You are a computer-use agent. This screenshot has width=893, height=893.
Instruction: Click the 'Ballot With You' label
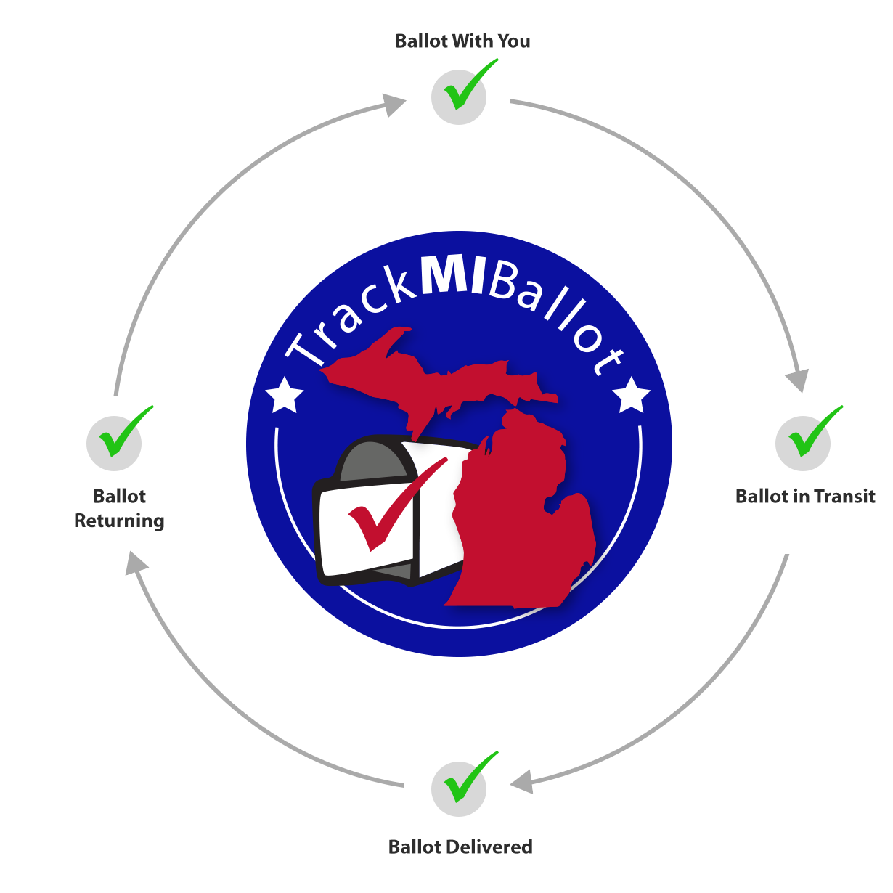pos(462,41)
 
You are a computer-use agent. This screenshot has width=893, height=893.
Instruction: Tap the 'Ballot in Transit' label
pos(805,497)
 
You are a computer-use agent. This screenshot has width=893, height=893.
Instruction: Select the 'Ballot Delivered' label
pos(460,847)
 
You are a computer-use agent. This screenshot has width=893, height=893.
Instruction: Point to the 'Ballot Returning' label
pos(119,508)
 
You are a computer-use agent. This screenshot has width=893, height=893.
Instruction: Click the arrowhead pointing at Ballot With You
pos(394,105)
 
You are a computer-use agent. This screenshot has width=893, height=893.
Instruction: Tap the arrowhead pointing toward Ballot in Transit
pos(798,380)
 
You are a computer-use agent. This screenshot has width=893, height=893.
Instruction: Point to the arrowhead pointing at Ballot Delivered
pos(521,782)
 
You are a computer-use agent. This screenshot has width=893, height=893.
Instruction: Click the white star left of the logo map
pos(284,396)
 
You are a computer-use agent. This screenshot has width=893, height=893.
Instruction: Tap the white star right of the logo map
pos(632,396)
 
